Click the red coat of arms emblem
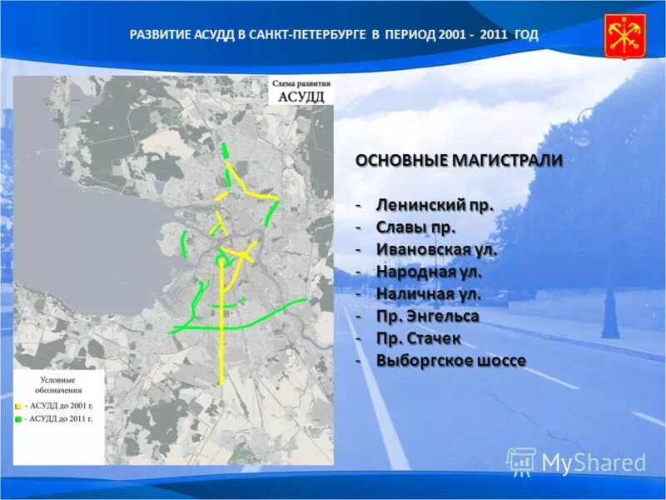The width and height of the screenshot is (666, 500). click(624, 36)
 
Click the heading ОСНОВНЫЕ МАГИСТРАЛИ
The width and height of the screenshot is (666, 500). click(459, 160)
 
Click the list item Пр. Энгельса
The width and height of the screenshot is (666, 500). click(427, 317)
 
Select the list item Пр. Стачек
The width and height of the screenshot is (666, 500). click(419, 339)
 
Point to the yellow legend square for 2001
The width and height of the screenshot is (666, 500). click(17, 407)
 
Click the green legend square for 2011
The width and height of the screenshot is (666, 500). click(17, 419)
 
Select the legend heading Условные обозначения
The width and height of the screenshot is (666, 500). click(58, 385)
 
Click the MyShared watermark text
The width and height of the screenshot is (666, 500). click(594, 462)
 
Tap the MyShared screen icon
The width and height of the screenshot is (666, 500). click(520, 461)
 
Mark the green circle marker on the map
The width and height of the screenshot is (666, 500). click(221, 261)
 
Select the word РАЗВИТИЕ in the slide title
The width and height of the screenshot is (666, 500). click(162, 35)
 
